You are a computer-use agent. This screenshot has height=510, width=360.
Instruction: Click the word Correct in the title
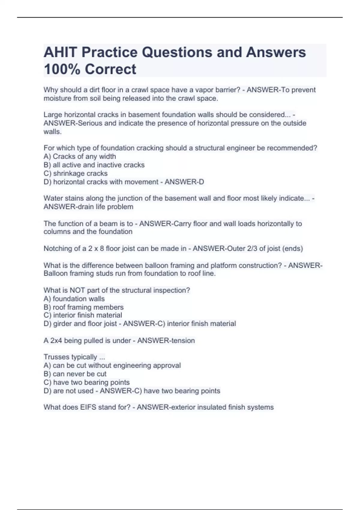pos(110,69)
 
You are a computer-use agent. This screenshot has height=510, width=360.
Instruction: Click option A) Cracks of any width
pos(80,157)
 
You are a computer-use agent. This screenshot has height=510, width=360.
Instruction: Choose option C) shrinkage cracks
pos(76,173)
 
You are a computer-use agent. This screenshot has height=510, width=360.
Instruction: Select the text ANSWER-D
pos(184,182)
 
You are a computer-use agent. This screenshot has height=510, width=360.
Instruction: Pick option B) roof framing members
pos(83,307)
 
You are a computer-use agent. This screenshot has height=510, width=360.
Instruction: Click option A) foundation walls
pos(74,299)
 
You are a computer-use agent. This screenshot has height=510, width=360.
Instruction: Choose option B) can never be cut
pos(75,374)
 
